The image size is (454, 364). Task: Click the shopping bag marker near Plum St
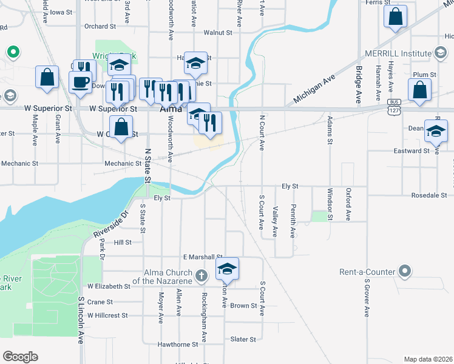420,90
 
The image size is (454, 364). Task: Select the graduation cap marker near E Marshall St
228,268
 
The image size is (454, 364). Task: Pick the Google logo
20,357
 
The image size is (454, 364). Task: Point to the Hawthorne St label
178,344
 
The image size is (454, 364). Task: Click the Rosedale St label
429,195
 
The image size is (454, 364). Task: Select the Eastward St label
411,150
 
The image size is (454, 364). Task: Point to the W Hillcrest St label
107,315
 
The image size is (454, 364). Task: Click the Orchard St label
100,26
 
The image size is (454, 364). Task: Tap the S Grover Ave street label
367,298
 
